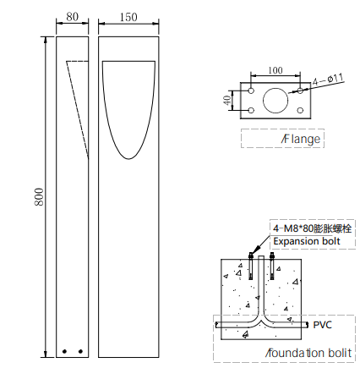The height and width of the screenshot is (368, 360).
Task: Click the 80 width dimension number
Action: click(x=73, y=17)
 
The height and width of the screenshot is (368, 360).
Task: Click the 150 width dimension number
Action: click(x=128, y=17)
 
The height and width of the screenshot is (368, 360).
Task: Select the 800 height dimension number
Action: click(x=39, y=197)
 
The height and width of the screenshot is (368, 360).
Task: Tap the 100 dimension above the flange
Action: click(x=275, y=70)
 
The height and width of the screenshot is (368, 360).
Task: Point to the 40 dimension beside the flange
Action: click(x=226, y=100)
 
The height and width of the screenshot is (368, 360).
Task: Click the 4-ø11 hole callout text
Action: click(x=328, y=80)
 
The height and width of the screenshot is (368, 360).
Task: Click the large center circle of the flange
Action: click(x=275, y=101)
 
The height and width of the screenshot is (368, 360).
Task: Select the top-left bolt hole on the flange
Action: click(x=251, y=91)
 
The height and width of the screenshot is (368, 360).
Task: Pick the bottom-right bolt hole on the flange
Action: click(x=300, y=110)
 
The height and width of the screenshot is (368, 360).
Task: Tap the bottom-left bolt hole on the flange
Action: click(x=251, y=110)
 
